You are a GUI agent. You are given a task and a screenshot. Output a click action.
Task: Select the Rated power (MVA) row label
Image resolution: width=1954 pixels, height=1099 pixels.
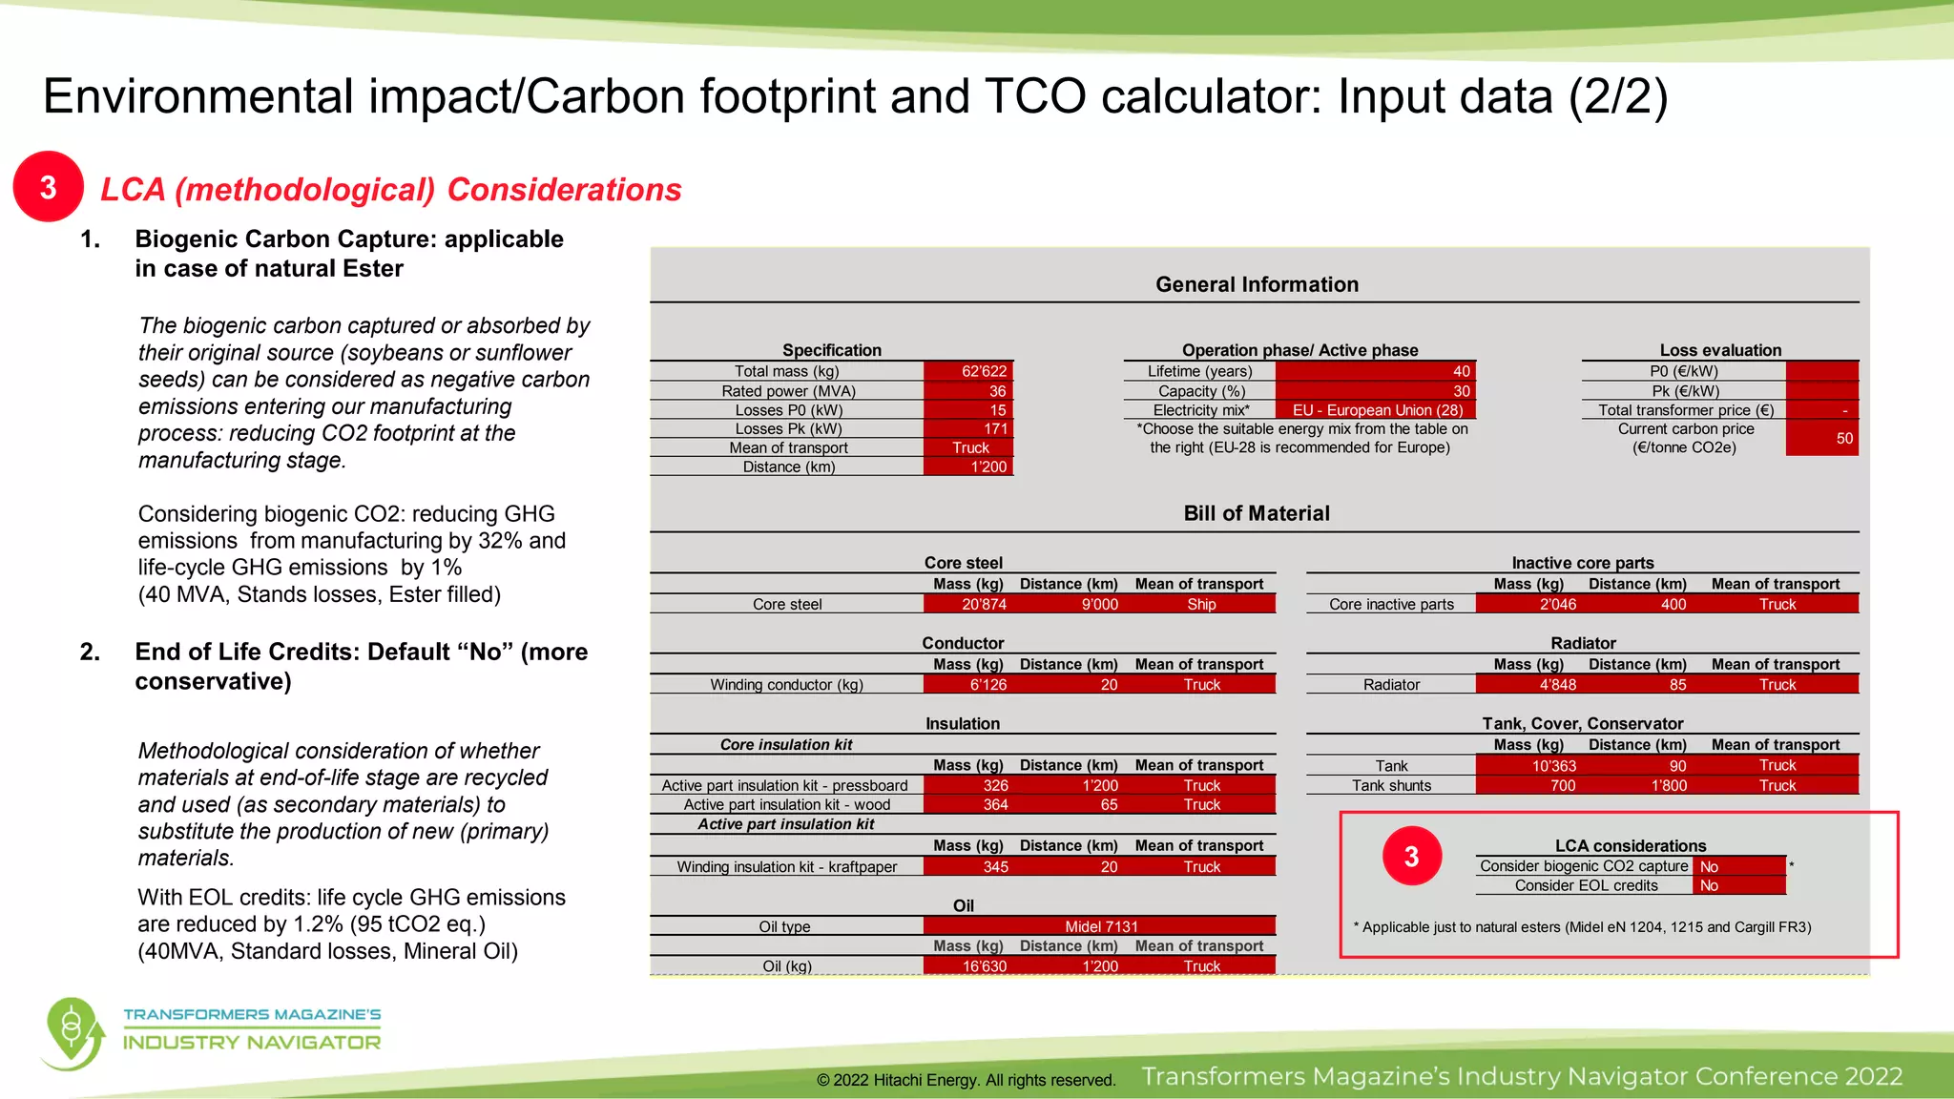pos(788,391)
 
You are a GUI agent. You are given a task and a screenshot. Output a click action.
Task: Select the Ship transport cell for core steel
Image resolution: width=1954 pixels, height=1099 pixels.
pos(1201,604)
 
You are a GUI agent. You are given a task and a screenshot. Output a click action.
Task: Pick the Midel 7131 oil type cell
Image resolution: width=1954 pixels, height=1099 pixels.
pos(1101,926)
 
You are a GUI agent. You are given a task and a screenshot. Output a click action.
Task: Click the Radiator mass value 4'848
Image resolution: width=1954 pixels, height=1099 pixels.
pos(1557,685)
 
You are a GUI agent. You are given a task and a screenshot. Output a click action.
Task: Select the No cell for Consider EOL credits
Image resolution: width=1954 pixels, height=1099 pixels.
pos(1737,886)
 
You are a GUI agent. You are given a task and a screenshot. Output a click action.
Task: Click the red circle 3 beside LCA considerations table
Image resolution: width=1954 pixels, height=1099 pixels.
pos(1411,856)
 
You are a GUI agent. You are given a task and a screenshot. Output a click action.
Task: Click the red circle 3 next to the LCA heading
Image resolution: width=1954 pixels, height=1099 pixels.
pos(48,187)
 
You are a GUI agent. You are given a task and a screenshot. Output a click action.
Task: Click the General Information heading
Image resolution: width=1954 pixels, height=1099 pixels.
pos(1257,284)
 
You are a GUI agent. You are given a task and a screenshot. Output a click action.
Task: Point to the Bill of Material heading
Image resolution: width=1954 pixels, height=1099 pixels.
pos(1257,513)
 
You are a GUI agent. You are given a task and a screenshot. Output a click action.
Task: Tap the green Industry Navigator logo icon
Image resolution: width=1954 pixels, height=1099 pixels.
pos(73,1033)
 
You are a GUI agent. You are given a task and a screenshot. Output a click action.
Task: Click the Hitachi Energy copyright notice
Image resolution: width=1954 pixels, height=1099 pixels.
pos(966,1080)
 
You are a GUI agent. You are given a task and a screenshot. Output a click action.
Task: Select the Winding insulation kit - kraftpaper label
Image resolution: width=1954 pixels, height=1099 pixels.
pos(787,867)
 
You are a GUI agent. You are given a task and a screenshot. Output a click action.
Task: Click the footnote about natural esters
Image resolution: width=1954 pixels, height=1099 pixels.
pos(1582,927)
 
